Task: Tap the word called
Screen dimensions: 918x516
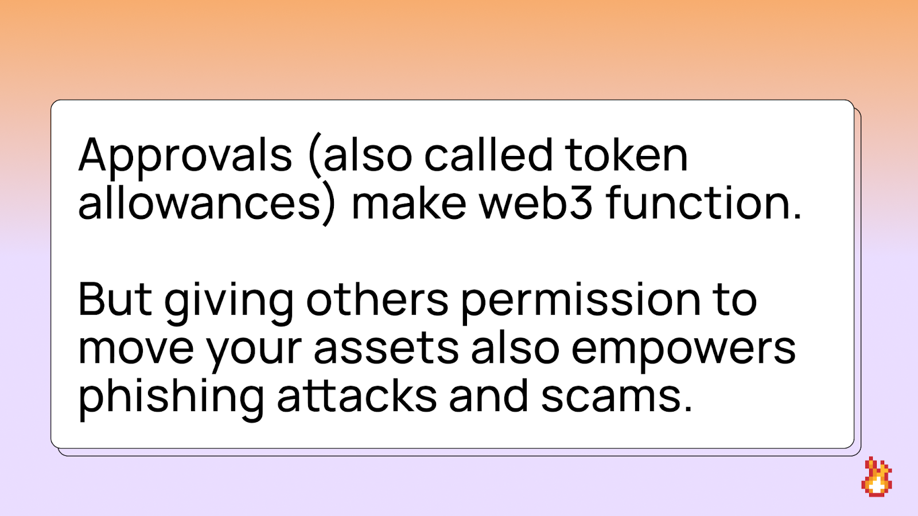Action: [488, 154]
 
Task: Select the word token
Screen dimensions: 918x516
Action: [626, 155]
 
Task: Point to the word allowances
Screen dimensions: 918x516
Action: [199, 202]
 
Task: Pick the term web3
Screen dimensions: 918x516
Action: [536, 202]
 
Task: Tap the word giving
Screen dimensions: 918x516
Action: [229, 303]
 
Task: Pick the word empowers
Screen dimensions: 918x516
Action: [683, 352]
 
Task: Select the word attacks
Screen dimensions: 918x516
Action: [357, 395]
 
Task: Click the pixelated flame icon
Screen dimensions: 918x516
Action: [877, 476]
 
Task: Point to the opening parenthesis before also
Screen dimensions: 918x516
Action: [316, 155]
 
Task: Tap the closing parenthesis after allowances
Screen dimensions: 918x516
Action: [328, 203]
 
